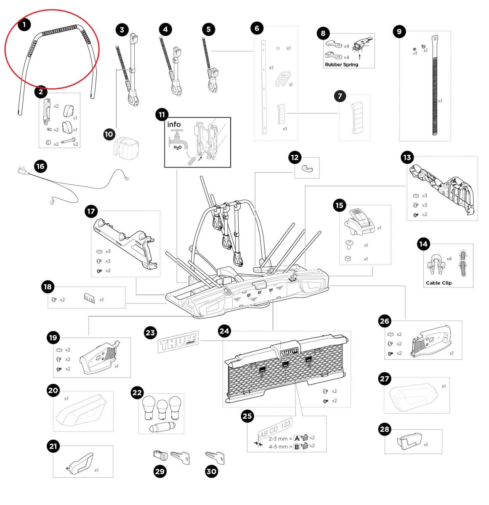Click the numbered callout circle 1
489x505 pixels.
(24, 25)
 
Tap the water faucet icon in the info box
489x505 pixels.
(175, 137)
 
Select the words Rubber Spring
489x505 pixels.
(341, 64)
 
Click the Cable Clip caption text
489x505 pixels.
(439, 283)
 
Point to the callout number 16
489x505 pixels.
(40, 166)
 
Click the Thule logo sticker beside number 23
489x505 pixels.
(178, 343)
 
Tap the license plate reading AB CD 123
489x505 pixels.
(275, 429)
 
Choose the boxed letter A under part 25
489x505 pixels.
(297, 438)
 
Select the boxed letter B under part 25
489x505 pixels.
(297, 446)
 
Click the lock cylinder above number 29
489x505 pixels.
(160, 455)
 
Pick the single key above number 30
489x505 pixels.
(215, 457)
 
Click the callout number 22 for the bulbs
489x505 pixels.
(138, 393)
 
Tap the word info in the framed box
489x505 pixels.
(174, 124)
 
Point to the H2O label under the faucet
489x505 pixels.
(178, 147)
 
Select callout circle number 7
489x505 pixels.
(340, 96)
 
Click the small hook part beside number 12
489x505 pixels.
(307, 170)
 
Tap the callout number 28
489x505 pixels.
(385, 429)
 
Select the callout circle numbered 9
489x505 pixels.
(399, 31)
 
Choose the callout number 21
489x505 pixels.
(53, 446)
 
